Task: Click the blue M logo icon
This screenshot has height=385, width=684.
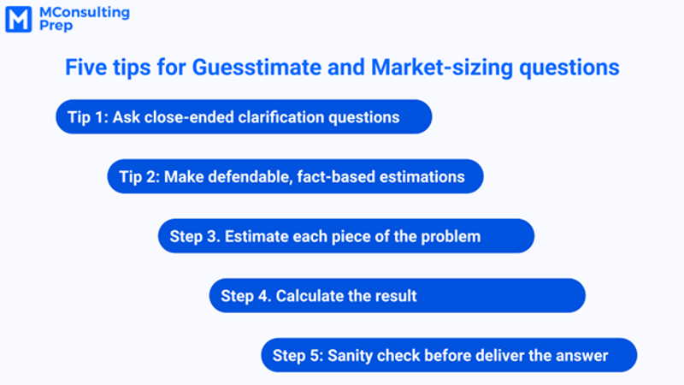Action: (19, 19)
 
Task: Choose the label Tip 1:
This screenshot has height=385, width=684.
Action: (87, 117)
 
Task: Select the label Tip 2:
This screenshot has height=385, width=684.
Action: (139, 177)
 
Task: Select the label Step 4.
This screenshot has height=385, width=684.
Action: (245, 296)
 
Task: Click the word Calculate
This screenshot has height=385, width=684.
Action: (308, 296)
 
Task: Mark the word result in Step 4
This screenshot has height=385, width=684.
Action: (395, 296)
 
